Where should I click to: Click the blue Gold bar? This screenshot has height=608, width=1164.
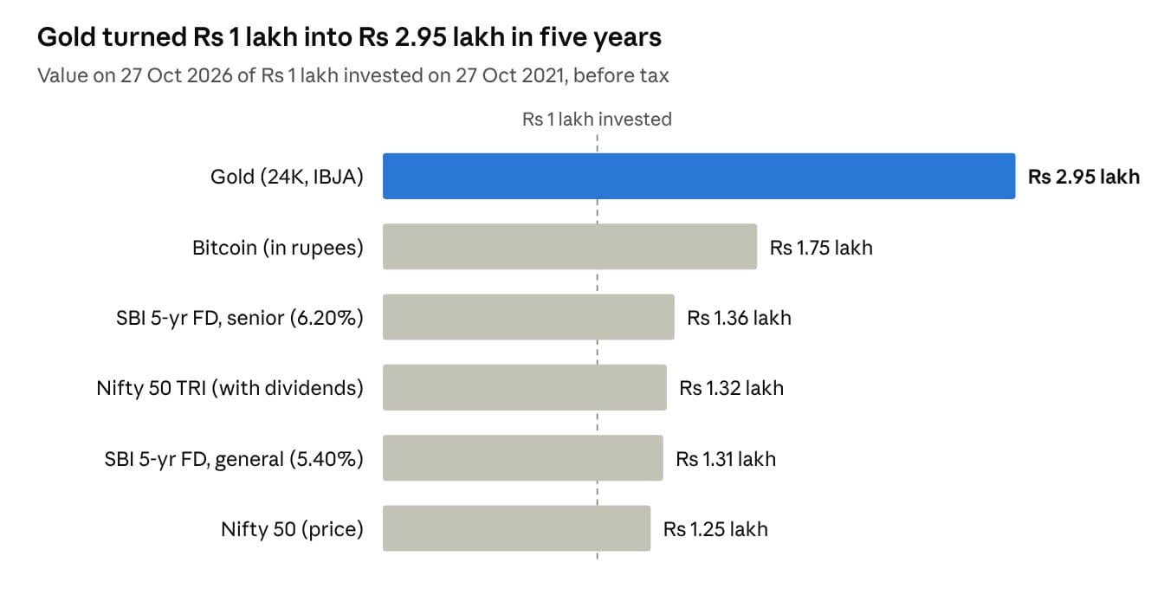[699, 176]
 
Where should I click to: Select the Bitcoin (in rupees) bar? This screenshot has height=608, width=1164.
[570, 247]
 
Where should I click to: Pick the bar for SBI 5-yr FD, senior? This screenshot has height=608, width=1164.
[528, 317]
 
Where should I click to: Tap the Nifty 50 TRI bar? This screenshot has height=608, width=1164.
[525, 388]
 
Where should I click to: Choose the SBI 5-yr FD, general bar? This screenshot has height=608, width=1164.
[523, 458]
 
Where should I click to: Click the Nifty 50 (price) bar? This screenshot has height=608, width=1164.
[516, 528]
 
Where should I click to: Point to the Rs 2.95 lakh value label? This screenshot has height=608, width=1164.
[1084, 177]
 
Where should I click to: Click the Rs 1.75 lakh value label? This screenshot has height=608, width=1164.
[821, 248]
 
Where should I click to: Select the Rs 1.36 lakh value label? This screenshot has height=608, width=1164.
[739, 318]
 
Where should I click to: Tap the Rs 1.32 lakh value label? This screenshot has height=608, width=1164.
[731, 388]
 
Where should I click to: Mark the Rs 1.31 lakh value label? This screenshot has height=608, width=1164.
[726, 459]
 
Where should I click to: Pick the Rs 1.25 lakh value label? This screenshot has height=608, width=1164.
[715, 529]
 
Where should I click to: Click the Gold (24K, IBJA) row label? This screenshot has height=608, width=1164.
[287, 177]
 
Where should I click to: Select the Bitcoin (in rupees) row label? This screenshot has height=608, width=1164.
[278, 248]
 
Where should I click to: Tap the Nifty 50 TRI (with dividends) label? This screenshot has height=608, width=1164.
[230, 388]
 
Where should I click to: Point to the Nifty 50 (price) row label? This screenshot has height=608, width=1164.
[292, 529]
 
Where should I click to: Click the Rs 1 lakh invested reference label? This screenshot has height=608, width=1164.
[597, 119]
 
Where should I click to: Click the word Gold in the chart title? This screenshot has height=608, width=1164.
[67, 37]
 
